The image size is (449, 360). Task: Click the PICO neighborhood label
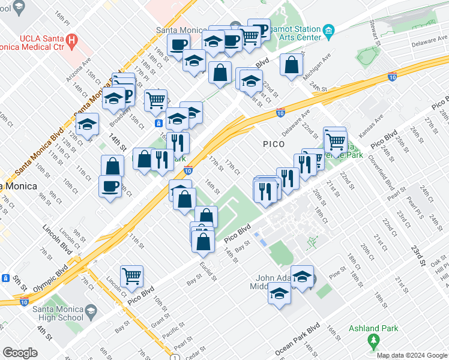coord(278,144)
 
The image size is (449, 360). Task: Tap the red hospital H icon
coord(71,41)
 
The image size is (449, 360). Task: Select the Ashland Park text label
coord(372,328)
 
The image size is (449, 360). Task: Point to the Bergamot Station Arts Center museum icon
coord(328,31)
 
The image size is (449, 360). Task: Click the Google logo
coord(20,353)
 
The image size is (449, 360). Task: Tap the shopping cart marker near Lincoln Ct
coord(131,276)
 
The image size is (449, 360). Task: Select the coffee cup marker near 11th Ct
coord(110,185)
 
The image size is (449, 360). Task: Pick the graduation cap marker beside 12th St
coord(88,124)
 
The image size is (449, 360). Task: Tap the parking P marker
coord(260,31)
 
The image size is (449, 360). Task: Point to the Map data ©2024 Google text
coord(412,355)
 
